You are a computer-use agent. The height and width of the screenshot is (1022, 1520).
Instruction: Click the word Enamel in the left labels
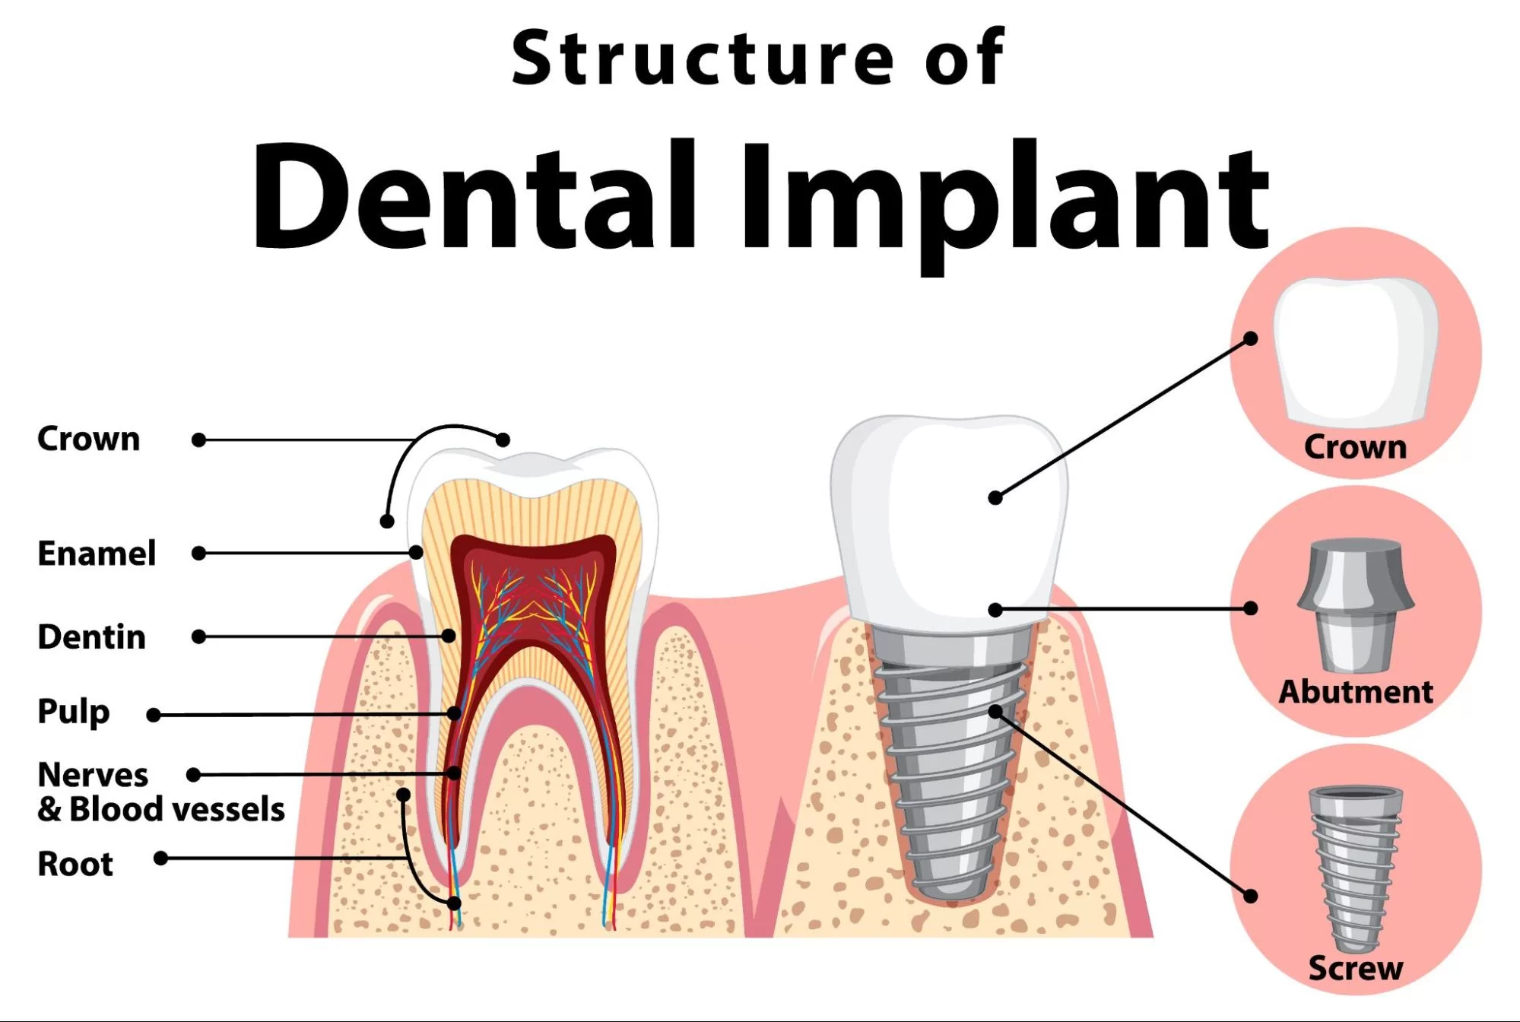97,554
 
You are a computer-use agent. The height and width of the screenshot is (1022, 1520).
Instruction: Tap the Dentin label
91,637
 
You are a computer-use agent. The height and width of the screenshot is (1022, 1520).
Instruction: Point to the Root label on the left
75,864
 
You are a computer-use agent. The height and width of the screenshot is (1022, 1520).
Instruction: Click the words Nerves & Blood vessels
161,792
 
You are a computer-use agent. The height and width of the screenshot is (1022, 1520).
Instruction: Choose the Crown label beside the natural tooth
89,440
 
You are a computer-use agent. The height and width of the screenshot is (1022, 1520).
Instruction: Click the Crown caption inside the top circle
1356,447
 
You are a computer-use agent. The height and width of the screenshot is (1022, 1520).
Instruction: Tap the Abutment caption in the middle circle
1356,692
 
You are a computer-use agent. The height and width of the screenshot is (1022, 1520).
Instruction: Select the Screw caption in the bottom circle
1356,969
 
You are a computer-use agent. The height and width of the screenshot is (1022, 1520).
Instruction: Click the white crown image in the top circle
1356,350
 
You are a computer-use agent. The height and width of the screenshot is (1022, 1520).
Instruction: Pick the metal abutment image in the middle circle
1356,606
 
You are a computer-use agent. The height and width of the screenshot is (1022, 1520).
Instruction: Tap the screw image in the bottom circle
1356,869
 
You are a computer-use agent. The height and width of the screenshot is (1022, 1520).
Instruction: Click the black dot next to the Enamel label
199,554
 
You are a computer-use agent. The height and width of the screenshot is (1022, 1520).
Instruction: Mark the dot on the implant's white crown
995,498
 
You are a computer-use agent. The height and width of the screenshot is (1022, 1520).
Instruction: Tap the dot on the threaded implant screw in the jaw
995,712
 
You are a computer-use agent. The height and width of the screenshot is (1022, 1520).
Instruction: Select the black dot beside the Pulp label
154,716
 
